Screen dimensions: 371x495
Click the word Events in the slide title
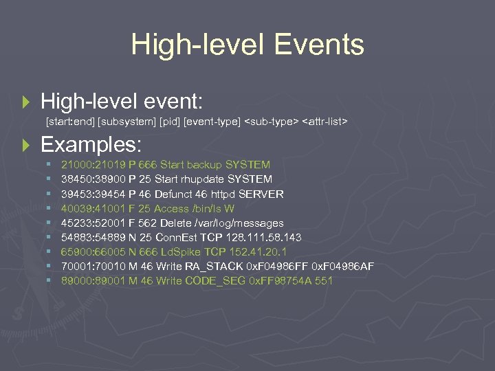pyautogui.click(x=318, y=45)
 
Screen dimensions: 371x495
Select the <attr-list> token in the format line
pyautogui.click(x=325, y=122)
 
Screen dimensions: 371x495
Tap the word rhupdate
pyautogui.click(x=207, y=179)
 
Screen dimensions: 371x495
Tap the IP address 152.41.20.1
pyautogui.click(x=256, y=251)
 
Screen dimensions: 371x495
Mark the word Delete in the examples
pyautogui.click(x=177, y=223)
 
